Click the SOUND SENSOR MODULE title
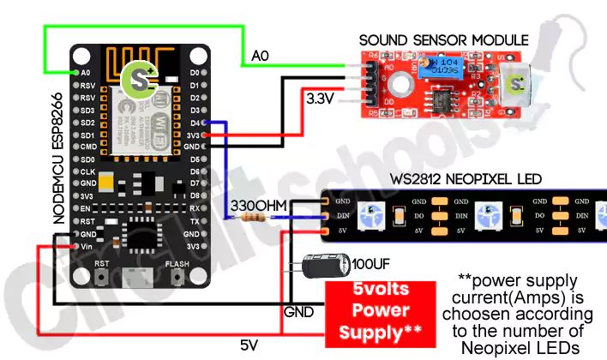[x=443, y=40]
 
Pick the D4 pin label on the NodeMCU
[x=195, y=123]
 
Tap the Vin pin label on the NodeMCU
[x=87, y=246]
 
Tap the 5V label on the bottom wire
[x=249, y=345]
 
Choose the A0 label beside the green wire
[x=261, y=57]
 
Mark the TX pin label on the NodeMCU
[x=195, y=221]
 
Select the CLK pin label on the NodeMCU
[x=87, y=171]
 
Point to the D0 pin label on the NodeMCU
[x=195, y=73]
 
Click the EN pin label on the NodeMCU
[x=86, y=208]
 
